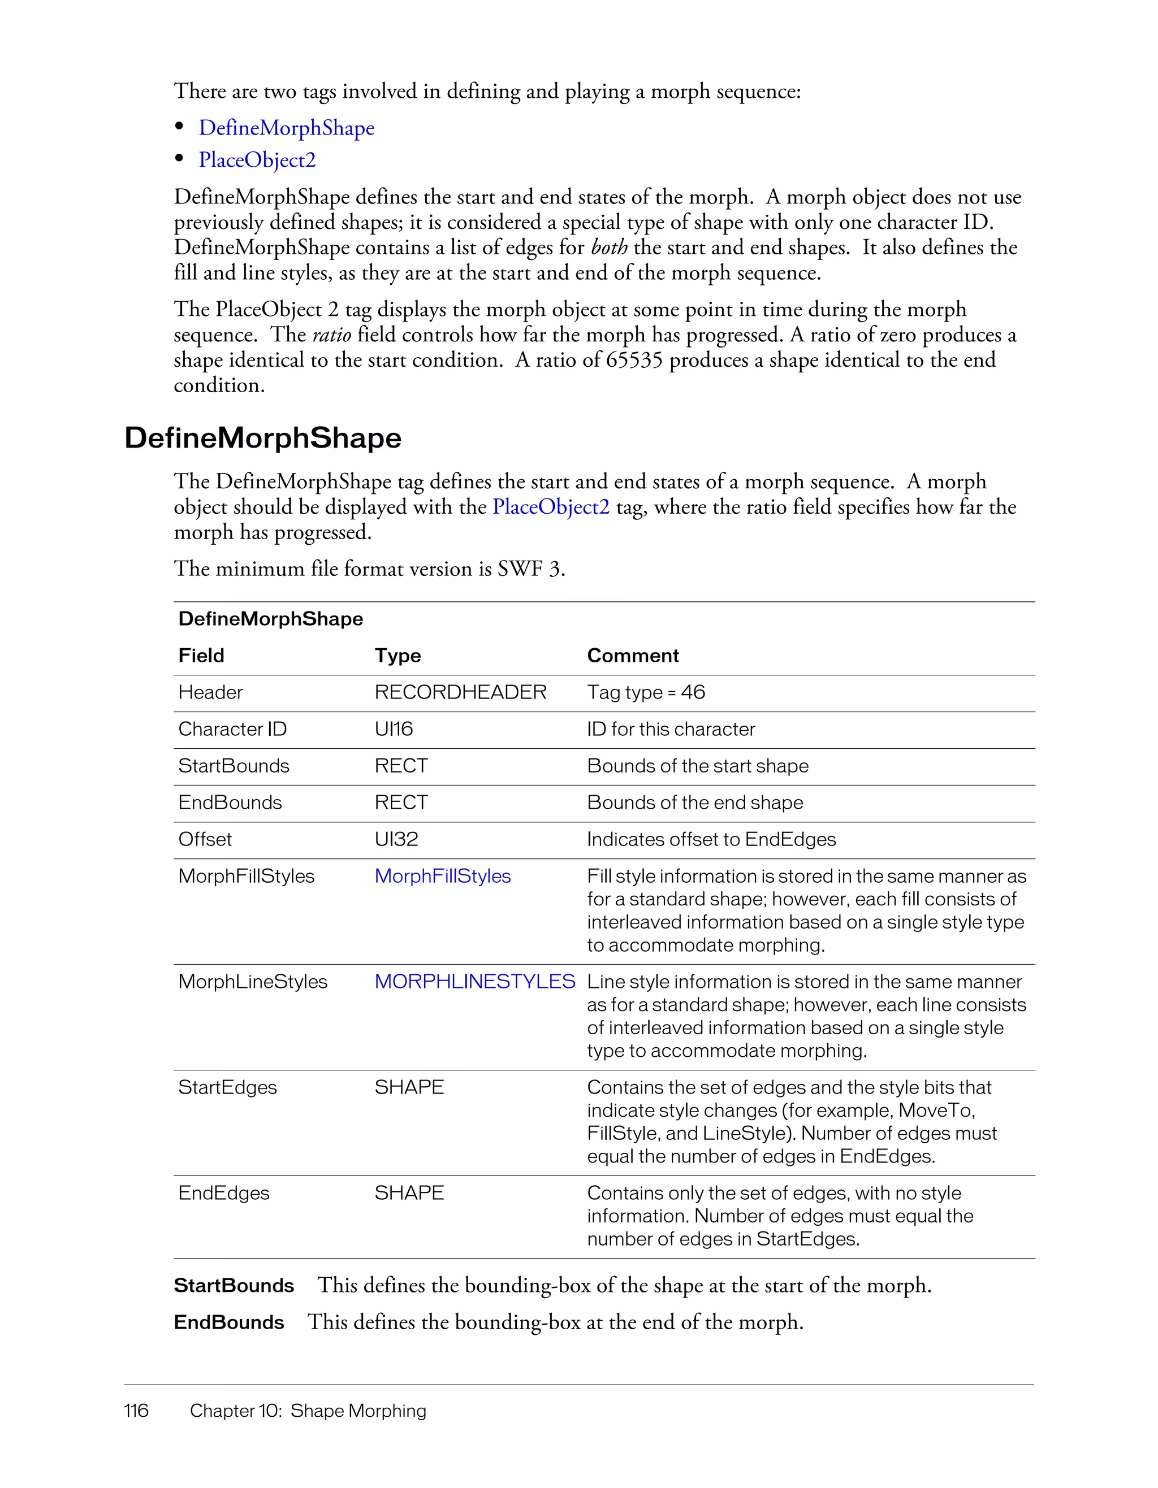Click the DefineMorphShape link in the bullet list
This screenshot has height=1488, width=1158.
[x=286, y=128]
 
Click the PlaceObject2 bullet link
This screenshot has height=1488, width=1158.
[x=257, y=160]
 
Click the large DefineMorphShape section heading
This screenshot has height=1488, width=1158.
[x=262, y=437]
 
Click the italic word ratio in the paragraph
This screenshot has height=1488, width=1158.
[x=331, y=335]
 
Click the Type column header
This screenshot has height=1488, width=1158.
[x=397, y=656]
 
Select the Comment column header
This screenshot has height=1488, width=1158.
[x=633, y=656]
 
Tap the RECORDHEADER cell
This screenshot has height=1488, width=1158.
[x=460, y=692]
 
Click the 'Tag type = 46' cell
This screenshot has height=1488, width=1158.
[x=646, y=692]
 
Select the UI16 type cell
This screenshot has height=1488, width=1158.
[x=394, y=729]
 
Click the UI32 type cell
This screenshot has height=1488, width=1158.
[x=396, y=839]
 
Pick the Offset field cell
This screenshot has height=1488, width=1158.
[x=205, y=839]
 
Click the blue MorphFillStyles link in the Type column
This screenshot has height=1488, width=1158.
[x=442, y=876]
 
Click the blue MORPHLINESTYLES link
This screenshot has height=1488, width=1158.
[x=474, y=982]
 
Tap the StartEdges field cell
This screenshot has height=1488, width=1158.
[x=227, y=1087]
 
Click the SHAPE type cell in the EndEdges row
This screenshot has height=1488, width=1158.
[x=409, y=1193]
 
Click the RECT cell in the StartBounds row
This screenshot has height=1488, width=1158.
[x=401, y=766]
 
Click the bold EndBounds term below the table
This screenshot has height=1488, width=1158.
[x=228, y=1322]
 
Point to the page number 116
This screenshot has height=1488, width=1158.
[x=136, y=1411]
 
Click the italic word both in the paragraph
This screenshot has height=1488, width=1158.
[x=608, y=248]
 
